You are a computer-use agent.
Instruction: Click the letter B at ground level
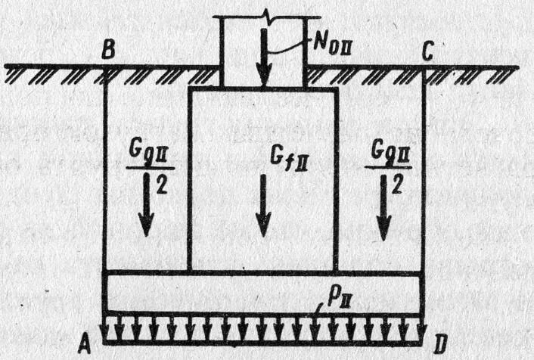coord(110,51)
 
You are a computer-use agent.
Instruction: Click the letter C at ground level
coord(428,51)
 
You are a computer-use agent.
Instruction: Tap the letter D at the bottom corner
coord(439,346)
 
